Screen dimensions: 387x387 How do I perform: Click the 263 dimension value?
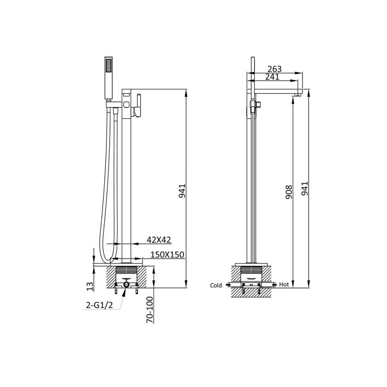[x=274, y=69]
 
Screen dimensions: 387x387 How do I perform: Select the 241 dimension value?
[x=272, y=77]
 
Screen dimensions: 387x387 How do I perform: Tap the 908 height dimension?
[x=288, y=192]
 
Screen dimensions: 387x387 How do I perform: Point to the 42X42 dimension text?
[x=159, y=240]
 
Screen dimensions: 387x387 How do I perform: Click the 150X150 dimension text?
[x=167, y=255]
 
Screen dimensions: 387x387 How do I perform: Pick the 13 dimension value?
[x=90, y=286]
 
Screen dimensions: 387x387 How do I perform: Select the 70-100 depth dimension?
[x=150, y=310]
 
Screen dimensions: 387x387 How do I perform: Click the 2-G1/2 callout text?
[x=99, y=305]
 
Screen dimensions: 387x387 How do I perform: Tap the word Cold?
[x=216, y=286]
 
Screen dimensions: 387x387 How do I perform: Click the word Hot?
[x=284, y=285]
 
